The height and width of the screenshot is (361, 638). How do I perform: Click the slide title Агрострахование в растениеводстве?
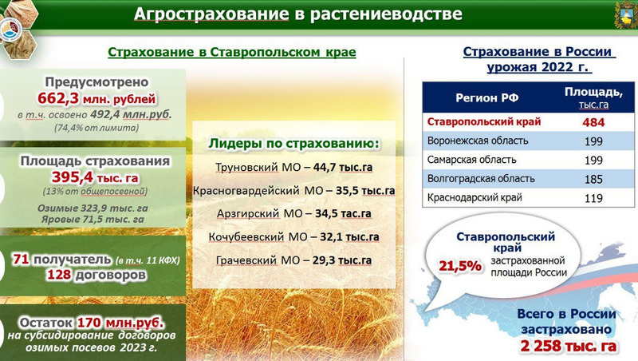click(x=297, y=14)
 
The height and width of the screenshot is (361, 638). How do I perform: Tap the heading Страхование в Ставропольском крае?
click(x=232, y=52)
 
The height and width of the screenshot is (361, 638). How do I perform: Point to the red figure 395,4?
click(x=72, y=177)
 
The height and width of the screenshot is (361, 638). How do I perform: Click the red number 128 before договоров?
click(x=59, y=275)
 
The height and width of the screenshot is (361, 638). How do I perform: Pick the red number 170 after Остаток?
click(x=89, y=323)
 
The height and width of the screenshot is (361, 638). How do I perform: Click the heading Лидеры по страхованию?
click(x=293, y=144)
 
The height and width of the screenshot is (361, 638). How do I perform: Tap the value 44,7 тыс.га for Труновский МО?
click(x=343, y=167)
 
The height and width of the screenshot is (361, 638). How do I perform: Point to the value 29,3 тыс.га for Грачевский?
click(x=342, y=260)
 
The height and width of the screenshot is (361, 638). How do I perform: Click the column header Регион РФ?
click(x=486, y=97)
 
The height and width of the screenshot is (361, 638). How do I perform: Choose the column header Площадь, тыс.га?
click(x=593, y=97)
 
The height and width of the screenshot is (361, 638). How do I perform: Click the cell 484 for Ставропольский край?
click(x=593, y=122)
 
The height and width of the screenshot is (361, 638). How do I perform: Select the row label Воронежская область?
click(x=478, y=141)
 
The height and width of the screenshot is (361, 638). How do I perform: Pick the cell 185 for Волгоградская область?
click(x=593, y=179)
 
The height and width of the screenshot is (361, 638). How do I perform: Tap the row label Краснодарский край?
click(x=475, y=198)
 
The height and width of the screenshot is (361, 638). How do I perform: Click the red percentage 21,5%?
click(x=460, y=266)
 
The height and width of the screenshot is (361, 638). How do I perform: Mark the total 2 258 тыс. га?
click(x=568, y=346)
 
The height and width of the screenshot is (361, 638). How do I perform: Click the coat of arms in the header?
click(x=625, y=14)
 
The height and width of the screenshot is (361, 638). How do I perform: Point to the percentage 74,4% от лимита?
click(x=96, y=128)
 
